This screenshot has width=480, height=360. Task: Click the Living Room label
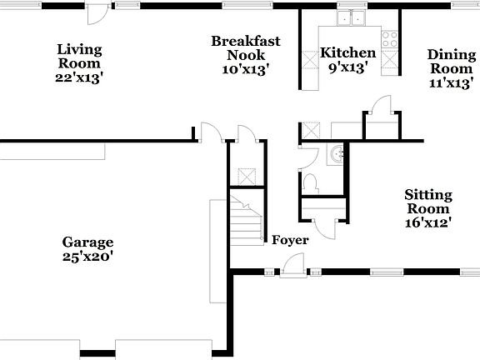[79, 56]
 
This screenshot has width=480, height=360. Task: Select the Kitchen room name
[348, 53]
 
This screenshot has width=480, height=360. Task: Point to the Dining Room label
[451, 62]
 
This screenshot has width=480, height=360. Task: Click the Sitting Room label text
[427, 202]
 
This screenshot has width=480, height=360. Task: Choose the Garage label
[87, 242]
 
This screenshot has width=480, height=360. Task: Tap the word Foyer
[290, 240]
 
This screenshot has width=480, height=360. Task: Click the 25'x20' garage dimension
[87, 257]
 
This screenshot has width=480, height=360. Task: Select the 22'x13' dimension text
[79, 77]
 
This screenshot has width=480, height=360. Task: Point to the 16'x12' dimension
[427, 222]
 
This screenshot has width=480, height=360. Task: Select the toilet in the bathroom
[309, 182]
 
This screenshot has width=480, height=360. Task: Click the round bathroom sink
[336, 154]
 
